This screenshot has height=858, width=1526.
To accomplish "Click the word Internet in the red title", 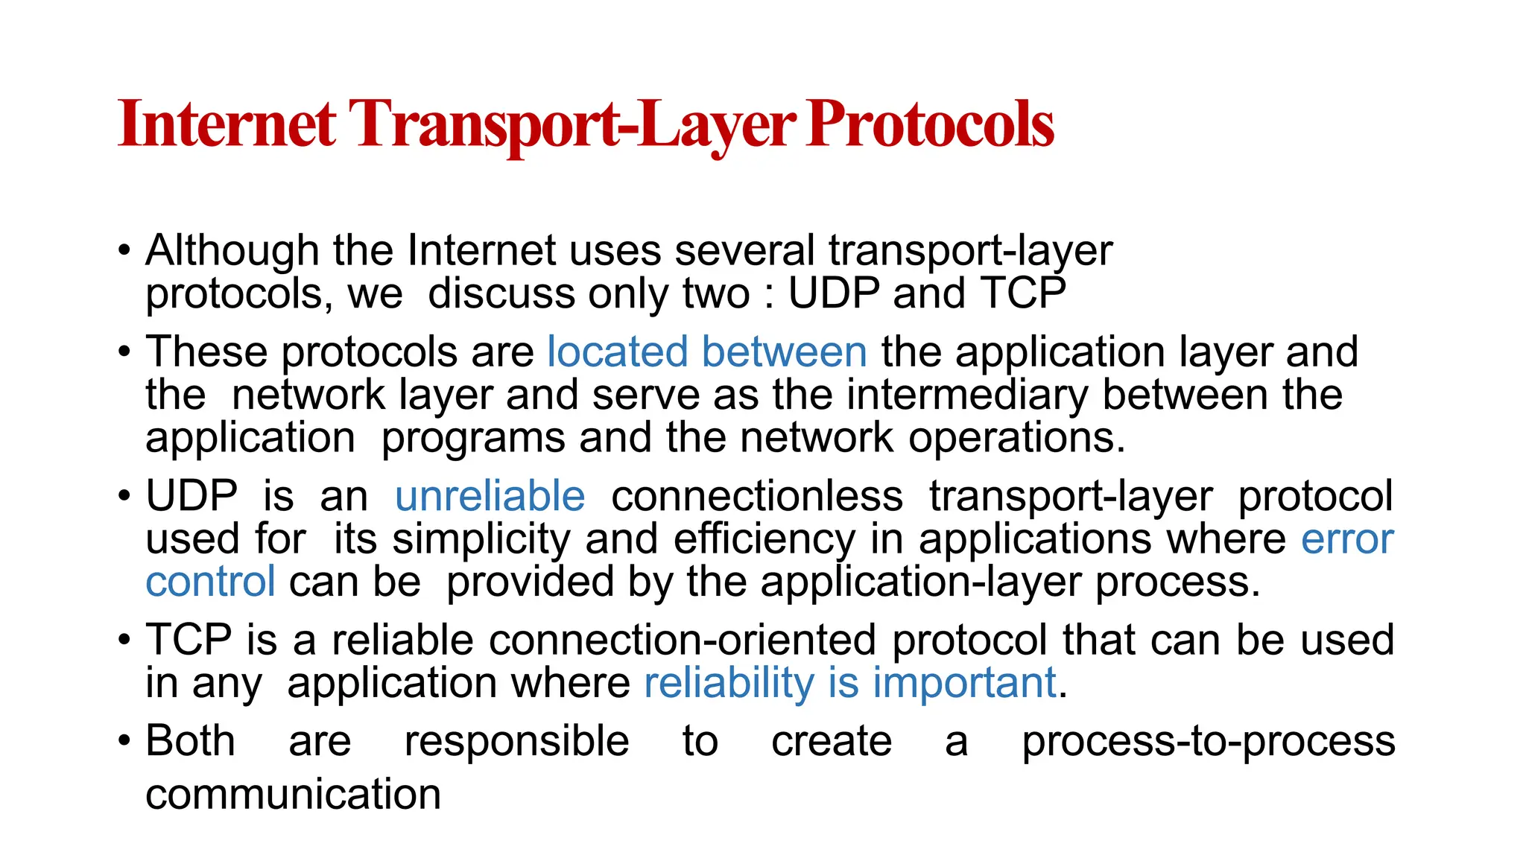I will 227,124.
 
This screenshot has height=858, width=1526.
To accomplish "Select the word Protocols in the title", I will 931,124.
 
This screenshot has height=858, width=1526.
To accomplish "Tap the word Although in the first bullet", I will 232,250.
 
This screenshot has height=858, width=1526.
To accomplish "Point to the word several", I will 744,250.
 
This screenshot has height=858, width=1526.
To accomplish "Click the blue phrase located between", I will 707,352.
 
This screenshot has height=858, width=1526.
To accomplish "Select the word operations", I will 1016,438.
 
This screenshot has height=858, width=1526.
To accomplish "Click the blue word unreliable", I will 490,496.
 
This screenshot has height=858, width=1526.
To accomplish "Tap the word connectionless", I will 757,496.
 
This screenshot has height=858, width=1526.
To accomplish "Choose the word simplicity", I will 481,539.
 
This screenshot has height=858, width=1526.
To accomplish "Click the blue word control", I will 210,582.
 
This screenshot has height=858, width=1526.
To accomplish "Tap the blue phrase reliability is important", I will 850,683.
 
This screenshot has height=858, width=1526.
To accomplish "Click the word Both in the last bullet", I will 190,741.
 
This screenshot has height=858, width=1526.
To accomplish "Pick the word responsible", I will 516,741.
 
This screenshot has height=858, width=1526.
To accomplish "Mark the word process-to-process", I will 1208,741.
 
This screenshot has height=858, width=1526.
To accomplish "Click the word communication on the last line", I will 293,794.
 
